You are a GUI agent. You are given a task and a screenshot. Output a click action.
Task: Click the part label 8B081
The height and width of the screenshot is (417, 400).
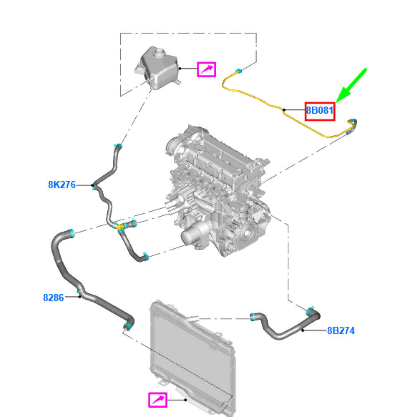(x=319, y=111)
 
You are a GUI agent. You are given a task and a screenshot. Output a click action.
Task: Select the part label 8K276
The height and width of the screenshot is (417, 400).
(x=62, y=185)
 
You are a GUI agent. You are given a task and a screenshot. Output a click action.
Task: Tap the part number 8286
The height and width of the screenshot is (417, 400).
(x=53, y=298)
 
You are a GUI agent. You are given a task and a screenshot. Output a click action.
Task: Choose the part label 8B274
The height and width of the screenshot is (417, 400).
(x=341, y=331)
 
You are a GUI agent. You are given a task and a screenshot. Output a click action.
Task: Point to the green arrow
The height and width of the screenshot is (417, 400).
(x=352, y=85)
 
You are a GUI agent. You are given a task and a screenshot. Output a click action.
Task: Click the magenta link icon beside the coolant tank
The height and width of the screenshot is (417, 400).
(x=206, y=69)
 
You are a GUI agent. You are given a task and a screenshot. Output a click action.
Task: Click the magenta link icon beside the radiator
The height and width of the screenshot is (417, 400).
(x=158, y=400)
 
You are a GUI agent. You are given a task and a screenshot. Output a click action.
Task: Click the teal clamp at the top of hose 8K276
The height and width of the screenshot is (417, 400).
(x=118, y=146)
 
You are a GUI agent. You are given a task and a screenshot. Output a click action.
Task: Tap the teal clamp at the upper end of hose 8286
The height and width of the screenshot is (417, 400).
(x=71, y=233)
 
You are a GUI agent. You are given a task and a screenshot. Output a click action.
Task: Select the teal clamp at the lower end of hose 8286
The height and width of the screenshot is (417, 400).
(x=128, y=326)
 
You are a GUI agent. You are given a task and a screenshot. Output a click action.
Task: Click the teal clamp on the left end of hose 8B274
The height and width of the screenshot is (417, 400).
(x=253, y=317)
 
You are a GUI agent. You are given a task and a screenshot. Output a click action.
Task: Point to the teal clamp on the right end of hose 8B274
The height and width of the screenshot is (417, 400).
(x=310, y=311)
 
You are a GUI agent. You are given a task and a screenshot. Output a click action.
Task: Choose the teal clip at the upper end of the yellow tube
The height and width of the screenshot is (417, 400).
(x=238, y=71)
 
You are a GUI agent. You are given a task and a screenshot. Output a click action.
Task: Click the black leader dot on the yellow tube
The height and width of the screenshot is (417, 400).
(x=284, y=110)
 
